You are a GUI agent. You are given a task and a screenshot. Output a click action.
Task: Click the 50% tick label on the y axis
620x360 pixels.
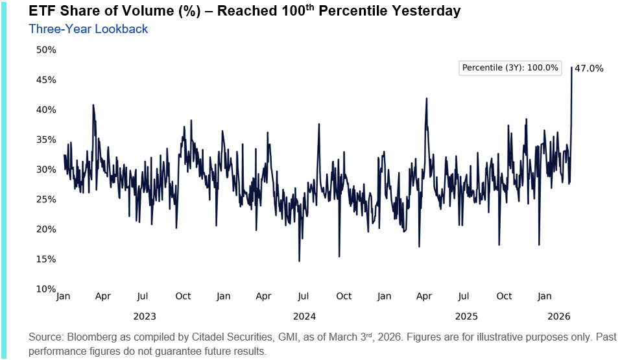(x=46, y=50)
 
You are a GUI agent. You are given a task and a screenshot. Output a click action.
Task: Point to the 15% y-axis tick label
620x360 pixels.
(x=46, y=259)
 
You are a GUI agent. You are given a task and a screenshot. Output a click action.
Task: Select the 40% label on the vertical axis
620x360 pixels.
(x=46, y=110)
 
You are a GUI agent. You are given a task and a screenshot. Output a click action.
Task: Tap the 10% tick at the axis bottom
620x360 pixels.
(x=46, y=289)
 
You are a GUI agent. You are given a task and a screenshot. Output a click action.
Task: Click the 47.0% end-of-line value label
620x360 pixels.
(x=589, y=68)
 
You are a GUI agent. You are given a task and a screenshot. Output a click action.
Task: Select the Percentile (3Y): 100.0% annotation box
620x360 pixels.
(x=510, y=67)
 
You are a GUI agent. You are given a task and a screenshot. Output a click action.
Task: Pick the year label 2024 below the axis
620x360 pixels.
(x=304, y=317)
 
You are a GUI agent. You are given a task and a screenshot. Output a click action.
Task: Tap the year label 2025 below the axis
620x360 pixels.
(x=466, y=317)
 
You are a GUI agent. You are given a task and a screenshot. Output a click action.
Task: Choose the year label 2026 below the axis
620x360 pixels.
(x=558, y=317)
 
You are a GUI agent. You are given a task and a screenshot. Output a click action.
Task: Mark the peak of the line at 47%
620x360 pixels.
(x=571, y=67)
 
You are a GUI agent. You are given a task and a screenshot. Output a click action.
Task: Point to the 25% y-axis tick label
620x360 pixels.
(x=46, y=200)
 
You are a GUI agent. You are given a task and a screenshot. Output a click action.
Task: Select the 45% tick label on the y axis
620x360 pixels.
(x=46, y=80)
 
